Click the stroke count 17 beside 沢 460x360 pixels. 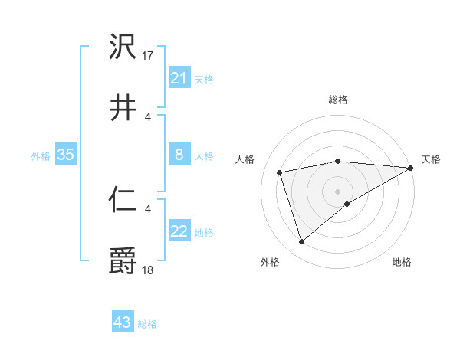pyautogui.click(x=149, y=56)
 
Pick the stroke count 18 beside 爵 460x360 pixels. pyautogui.click(x=149, y=270)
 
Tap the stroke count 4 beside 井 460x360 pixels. pyautogui.click(x=148, y=117)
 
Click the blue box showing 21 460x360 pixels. pyautogui.click(x=179, y=78)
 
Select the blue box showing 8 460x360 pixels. pyautogui.click(x=179, y=155)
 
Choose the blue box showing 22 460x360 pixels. pyautogui.click(x=179, y=232)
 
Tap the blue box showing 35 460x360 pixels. pyautogui.click(x=66, y=155)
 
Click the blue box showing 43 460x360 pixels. pyautogui.click(x=123, y=323)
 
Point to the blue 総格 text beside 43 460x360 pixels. pyautogui.click(x=148, y=324)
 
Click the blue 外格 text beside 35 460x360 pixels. pyautogui.click(x=41, y=156)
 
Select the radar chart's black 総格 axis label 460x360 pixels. pyautogui.click(x=338, y=100)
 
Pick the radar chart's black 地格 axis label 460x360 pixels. pyautogui.click(x=402, y=263)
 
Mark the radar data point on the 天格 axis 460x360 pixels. pyautogui.click(x=410, y=168)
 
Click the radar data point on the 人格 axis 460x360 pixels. pyautogui.click(x=280, y=172)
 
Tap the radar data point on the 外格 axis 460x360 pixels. pyautogui.click(x=301, y=242)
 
